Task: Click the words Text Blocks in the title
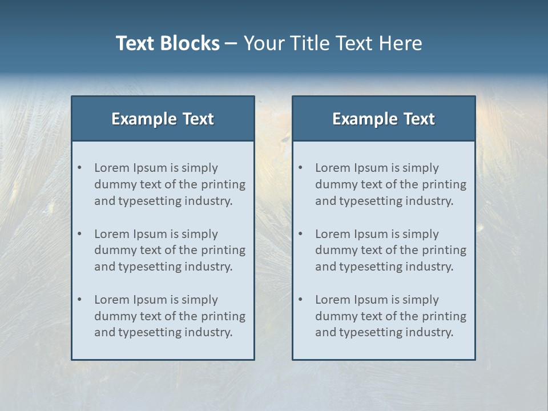(x=167, y=43)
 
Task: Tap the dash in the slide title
(x=231, y=44)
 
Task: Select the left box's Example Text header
(x=163, y=119)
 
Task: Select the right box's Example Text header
(x=384, y=119)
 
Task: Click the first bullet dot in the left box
(x=80, y=168)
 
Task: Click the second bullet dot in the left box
(x=80, y=234)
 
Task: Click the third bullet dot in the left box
(x=80, y=300)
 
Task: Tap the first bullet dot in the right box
(x=301, y=168)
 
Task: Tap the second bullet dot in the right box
(x=301, y=234)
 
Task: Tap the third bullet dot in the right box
(x=301, y=300)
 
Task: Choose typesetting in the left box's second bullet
(x=151, y=267)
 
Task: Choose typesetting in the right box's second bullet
(x=372, y=267)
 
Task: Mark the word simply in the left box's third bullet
(x=200, y=300)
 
